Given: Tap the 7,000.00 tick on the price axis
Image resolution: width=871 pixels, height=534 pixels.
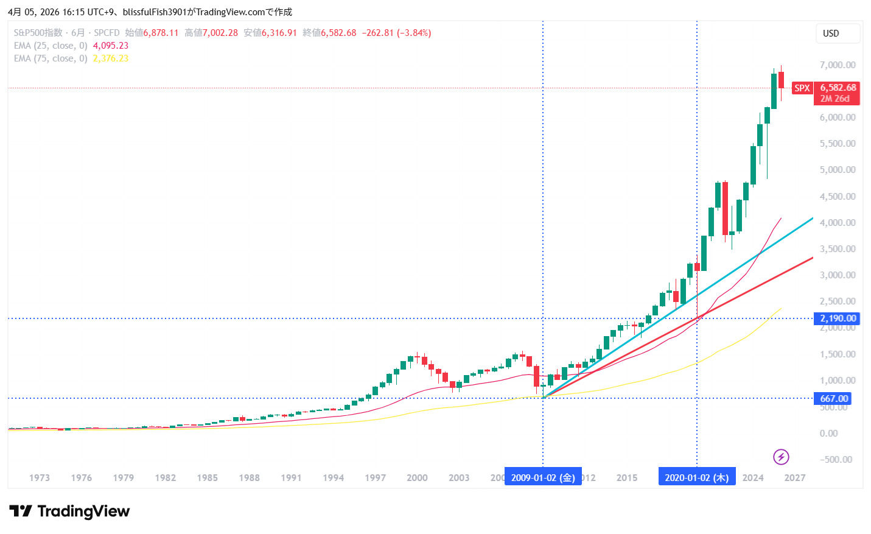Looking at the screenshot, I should (x=838, y=65).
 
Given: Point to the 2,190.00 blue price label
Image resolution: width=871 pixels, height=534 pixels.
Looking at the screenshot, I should (x=838, y=318).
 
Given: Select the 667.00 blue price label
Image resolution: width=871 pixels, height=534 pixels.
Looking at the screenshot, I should (x=833, y=399).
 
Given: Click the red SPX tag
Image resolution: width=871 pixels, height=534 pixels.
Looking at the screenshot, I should (x=802, y=88).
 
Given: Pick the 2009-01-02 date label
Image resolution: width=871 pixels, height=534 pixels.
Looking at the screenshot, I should (x=543, y=477).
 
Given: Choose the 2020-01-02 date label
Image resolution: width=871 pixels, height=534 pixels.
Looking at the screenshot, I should (x=696, y=477).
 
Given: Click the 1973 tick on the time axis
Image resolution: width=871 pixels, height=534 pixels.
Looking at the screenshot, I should (x=40, y=478).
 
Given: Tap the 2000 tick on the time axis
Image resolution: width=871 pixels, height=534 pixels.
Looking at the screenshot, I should (x=417, y=478).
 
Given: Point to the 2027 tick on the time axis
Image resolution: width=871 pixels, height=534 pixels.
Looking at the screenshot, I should (x=795, y=478).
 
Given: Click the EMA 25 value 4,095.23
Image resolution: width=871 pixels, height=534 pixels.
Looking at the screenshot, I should (x=111, y=46).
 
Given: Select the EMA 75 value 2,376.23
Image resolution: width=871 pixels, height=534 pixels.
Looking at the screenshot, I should (x=111, y=58).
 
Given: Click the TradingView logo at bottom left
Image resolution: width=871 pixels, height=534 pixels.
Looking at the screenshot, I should (x=69, y=511).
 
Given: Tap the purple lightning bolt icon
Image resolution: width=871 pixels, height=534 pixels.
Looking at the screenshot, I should (x=781, y=457).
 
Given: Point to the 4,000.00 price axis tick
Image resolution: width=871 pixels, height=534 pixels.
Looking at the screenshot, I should (x=838, y=223).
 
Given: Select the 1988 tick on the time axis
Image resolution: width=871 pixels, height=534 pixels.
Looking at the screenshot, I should (x=249, y=478).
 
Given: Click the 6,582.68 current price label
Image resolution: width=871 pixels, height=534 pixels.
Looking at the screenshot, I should (x=838, y=88).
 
